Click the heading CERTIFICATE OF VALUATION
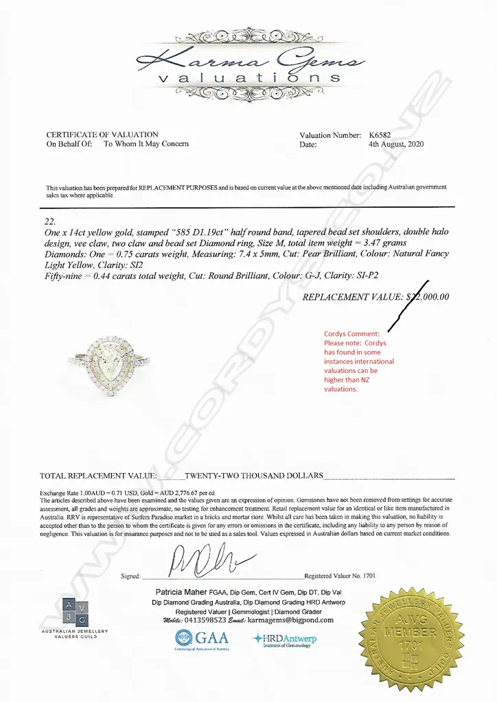pyautogui.click(x=102, y=135)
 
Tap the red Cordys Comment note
pyautogui.click(x=359, y=361)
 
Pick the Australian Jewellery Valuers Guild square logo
pyautogui.click(x=75, y=612)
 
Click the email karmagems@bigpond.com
pyautogui.click(x=291, y=620)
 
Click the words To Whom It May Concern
pyautogui.click(x=146, y=145)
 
